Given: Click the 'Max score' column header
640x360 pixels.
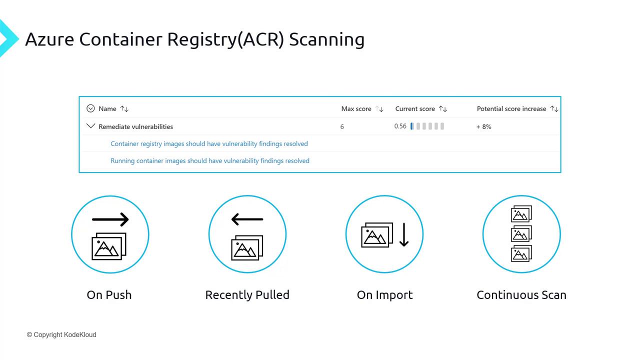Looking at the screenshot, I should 356,108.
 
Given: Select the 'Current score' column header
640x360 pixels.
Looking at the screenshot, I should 415,108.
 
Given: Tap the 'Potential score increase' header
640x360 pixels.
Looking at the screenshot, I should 511,108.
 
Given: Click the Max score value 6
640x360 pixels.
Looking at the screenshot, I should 342,127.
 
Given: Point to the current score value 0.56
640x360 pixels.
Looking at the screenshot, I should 400,126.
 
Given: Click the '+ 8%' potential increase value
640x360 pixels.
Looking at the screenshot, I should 484,127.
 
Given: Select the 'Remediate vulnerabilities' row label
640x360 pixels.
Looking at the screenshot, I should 135,127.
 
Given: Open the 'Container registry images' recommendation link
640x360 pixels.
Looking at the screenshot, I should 209,143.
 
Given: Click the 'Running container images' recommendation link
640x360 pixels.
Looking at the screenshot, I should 210,160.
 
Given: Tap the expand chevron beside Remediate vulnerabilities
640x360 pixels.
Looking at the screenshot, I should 90,126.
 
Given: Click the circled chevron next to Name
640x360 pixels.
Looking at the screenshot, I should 90,108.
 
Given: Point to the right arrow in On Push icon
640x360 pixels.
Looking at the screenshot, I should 110,219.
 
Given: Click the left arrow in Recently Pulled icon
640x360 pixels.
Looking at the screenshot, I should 247,219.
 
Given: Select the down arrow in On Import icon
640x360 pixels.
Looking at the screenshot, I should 404,234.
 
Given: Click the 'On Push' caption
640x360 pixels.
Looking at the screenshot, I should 109,295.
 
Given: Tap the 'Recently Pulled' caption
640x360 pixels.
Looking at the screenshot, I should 247,295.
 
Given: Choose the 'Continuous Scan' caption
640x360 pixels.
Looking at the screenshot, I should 521,295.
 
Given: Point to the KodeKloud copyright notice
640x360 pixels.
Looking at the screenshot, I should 61,334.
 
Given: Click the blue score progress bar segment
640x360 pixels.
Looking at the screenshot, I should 412,126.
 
